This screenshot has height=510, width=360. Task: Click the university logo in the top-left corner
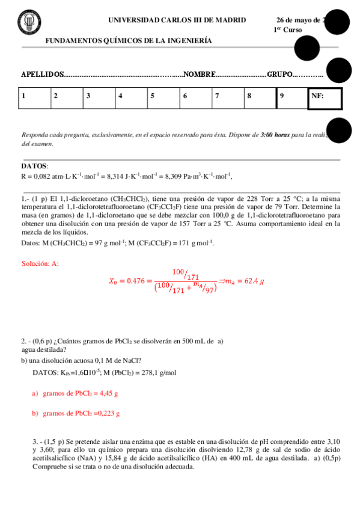point(27,23)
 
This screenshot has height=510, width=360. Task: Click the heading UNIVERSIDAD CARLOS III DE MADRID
point(177,20)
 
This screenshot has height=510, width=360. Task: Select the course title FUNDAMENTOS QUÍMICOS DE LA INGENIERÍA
point(129,41)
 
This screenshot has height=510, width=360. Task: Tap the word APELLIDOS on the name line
point(42,74)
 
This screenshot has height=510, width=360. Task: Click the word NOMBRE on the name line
point(199,74)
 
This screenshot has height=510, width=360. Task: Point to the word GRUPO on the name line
point(279,74)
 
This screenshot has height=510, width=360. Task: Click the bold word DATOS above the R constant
point(34,166)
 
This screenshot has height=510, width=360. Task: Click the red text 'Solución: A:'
point(40,263)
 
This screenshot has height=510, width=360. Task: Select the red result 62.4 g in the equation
point(252,280)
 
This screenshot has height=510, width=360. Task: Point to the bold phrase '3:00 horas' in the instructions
point(275,135)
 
